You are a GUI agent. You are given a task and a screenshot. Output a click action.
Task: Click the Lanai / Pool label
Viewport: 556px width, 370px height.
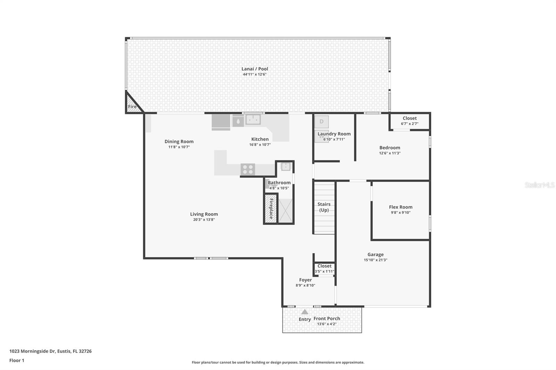pyautogui.click(x=255, y=69)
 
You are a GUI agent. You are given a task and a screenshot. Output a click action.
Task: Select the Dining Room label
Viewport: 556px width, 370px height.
pyautogui.click(x=179, y=141)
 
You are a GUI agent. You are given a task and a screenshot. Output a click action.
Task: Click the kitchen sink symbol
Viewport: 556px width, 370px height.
pyautogui.click(x=253, y=119)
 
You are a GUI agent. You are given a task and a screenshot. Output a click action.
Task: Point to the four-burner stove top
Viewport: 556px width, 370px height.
pyautogui.click(x=248, y=169)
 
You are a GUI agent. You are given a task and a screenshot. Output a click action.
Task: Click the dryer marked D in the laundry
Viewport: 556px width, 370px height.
pyautogui.click(x=321, y=121)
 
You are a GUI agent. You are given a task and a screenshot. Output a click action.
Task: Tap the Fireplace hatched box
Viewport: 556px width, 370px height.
pyautogui.click(x=271, y=208)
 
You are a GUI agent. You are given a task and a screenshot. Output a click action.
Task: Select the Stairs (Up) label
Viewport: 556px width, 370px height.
pyautogui.click(x=324, y=207)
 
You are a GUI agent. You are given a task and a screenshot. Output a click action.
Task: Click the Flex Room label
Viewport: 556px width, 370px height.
pyautogui.click(x=401, y=207)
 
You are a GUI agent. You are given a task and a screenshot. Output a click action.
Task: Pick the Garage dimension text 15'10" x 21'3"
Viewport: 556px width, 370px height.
pyautogui.click(x=375, y=260)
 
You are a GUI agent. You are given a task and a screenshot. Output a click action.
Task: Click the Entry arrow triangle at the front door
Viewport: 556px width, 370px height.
pyautogui.click(x=305, y=312)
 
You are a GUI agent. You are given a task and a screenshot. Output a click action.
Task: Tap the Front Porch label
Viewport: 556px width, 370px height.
pyautogui.click(x=327, y=318)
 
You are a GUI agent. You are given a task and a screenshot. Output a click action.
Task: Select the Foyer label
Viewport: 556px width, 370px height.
pyautogui.click(x=305, y=280)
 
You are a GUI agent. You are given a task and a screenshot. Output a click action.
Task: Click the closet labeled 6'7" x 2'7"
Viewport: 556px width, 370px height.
pyautogui.click(x=409, y=121)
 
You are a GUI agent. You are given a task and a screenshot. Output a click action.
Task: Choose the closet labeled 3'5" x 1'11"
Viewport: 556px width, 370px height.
pyautogui.click(x=324, y=268)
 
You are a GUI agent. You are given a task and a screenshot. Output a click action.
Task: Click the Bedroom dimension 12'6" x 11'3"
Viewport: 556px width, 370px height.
pyautogui.click(x=390, y=153)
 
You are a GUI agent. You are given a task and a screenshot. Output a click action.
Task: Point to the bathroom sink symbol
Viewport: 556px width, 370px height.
pyautogui.click(x=286, y=167)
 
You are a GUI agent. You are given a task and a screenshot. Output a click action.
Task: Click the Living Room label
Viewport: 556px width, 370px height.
pyautogui.click(x=204, y=214)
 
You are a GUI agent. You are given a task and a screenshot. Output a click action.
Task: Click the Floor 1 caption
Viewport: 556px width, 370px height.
pyautogui.click(x=17, y=360)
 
